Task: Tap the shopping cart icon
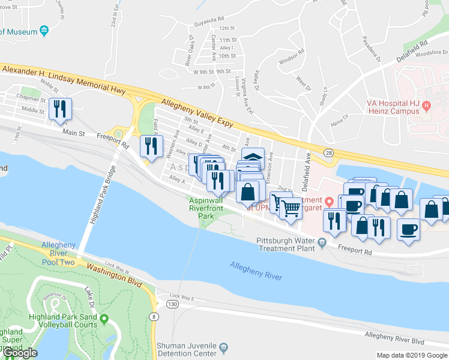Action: tap(290, 208)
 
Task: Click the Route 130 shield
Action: tap(173, 305)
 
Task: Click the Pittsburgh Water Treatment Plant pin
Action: tap(322, 242)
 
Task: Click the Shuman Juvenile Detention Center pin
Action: tap(223, 347)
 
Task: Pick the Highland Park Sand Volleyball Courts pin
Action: tap(104, 319)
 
